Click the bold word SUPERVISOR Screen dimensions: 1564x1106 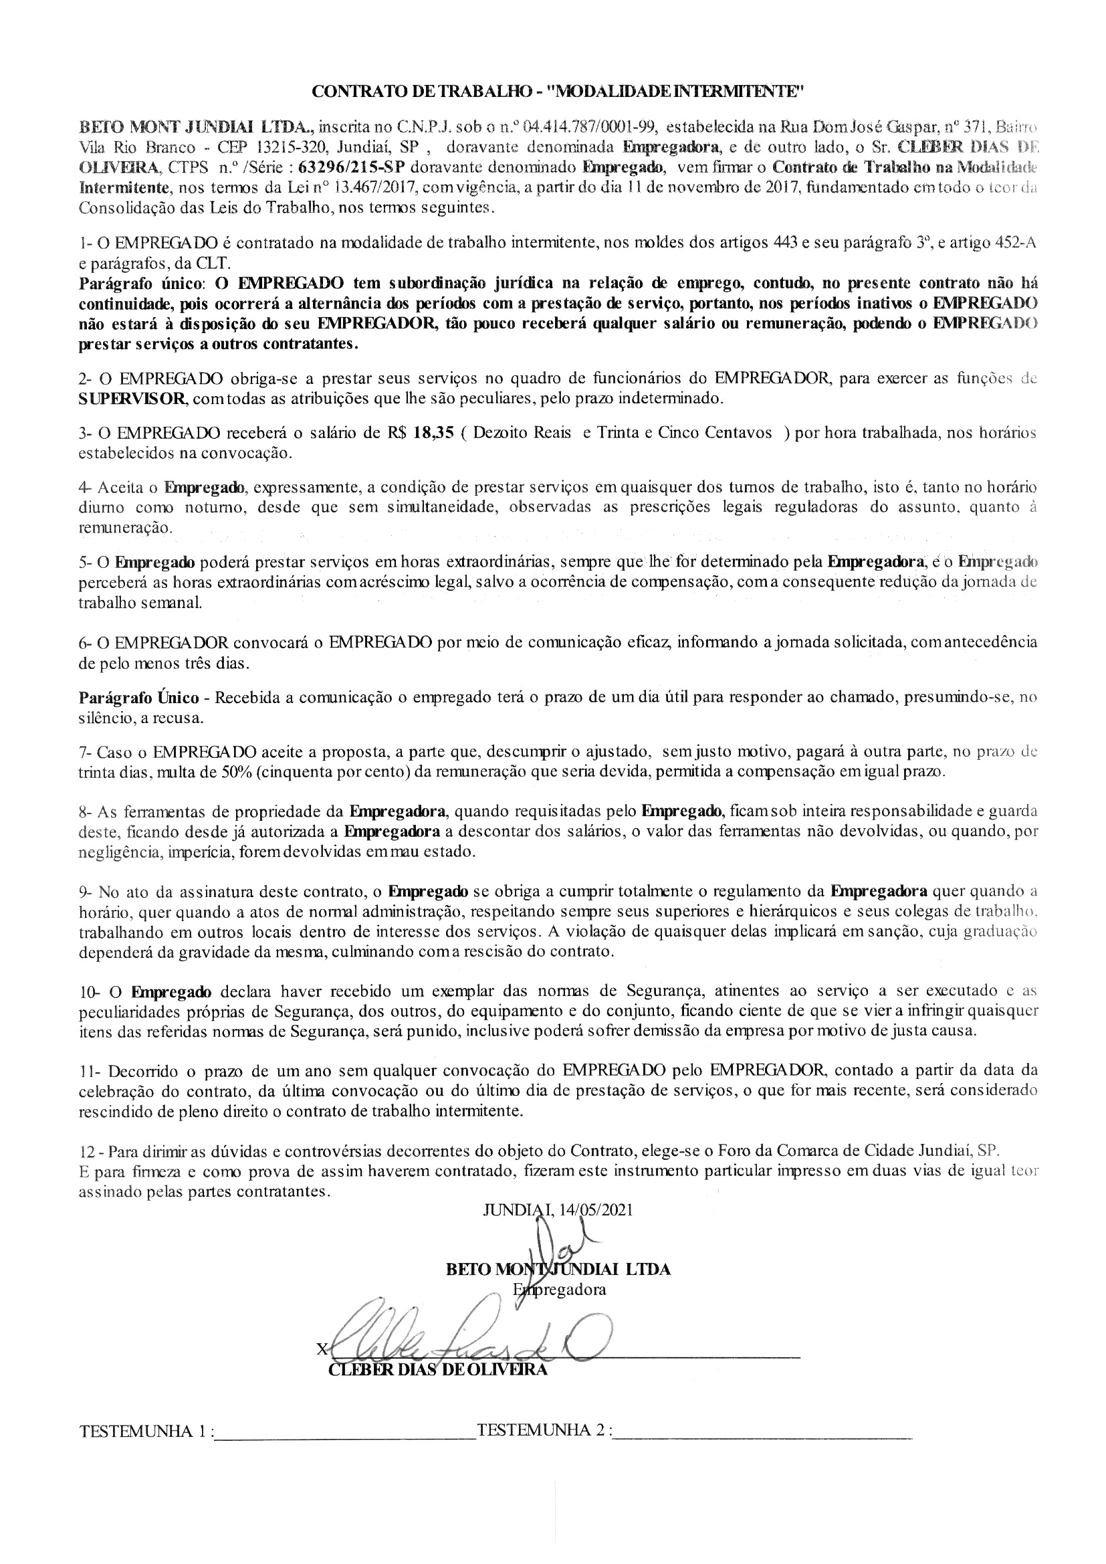pos(132,399)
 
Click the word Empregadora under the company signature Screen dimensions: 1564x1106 pos(560,1290)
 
